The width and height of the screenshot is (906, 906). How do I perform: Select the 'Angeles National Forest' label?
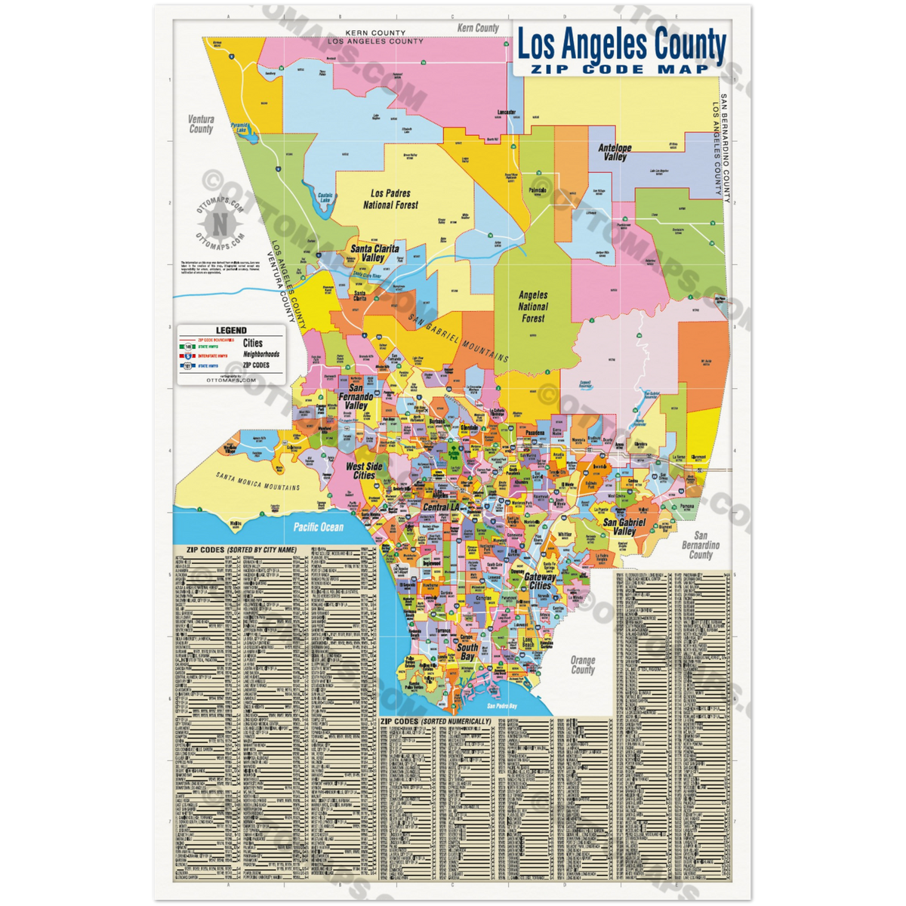pos(532,307)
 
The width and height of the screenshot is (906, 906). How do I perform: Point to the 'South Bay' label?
pos(467,652)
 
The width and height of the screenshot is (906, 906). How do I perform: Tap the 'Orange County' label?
pos(582,664)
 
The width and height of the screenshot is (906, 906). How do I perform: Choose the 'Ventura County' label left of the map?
pos(201,124)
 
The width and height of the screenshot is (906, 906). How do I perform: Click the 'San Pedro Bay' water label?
pos(501,707)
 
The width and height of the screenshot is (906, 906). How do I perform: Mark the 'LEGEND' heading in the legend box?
pos(230,331)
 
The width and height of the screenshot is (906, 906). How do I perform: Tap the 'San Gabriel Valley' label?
pos(624,526)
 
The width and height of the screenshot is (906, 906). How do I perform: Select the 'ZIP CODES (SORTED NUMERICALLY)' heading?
pos(436,722)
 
